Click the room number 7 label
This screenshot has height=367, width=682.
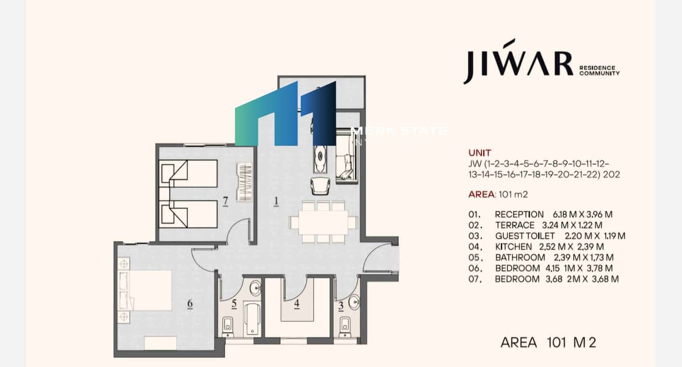(x=225, y=201)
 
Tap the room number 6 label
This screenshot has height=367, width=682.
(x=190, y=303)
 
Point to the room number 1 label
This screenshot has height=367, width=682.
(x=276, y=201)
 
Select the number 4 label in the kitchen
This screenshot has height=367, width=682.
(x=297, y=303)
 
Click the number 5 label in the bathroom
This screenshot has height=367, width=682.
(x=234, y=303)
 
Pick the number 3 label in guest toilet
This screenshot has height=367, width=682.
(x=341, y=306)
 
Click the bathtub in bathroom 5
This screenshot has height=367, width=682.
(x=253, y=319)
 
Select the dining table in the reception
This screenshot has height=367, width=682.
(x=322, y=222)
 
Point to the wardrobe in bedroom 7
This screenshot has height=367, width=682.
(x=245, y=182)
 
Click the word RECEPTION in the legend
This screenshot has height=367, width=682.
(x=519, y=214)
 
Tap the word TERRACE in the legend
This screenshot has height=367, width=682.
(x=515, y=225)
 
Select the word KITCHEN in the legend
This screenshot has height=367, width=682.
(x=513, y=247)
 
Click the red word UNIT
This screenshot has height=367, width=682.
(x=480, y=153)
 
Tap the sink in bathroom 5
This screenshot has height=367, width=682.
(x=255, y=287)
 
